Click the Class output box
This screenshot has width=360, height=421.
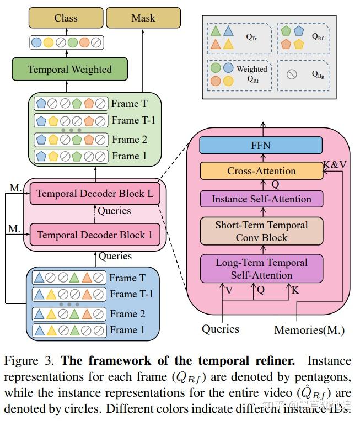[66, 19]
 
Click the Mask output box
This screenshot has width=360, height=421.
[143, 19]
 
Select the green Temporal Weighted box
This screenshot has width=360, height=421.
[69, 70]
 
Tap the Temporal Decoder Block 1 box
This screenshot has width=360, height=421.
[95, 235]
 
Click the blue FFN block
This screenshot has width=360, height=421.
[261, 146]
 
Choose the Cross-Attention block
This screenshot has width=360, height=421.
[261, 171]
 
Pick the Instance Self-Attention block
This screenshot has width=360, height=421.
[261, 199]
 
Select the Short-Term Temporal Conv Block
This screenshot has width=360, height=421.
[261, 231]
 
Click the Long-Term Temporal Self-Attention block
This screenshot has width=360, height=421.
[261, 268]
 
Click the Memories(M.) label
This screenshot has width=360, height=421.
[309, 331]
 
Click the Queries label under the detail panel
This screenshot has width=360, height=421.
[221, 329]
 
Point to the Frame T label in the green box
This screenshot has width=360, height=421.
[129, 103]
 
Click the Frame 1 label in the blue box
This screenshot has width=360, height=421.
[127, 330]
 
